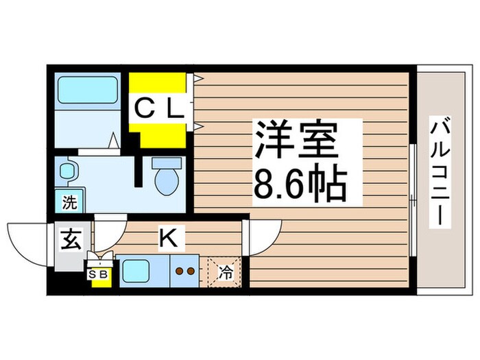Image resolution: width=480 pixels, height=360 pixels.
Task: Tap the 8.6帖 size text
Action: [x=299, y=182]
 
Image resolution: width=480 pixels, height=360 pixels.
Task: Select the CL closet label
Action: [x=158, y=108]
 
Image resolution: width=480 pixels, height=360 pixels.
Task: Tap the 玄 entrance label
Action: [x=69, y=241]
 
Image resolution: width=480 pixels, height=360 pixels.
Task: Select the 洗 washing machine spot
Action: [x=69, y=202]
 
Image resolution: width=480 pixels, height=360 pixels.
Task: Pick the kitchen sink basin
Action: [x=139, y=272]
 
